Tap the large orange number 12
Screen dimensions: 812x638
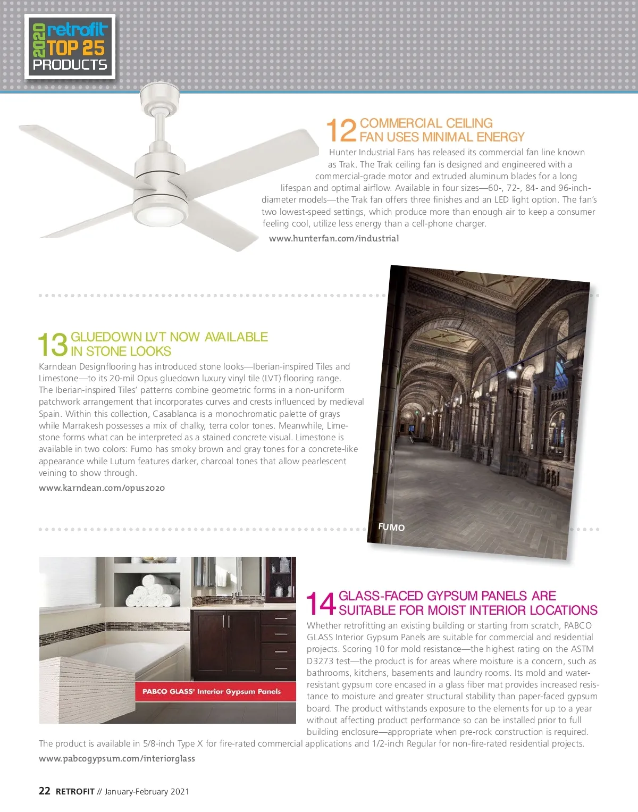[x=341, y=130]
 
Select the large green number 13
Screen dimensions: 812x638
[x=53, y=345]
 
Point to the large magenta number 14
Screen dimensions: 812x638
[x=321, y=604]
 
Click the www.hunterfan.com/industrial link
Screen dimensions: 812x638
[x=334, y=238]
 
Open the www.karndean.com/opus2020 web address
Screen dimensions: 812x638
[x=102, y=488]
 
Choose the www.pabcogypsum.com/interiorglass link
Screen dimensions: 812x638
[x=117, y=758]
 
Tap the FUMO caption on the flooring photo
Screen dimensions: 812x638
[x=391, y=527]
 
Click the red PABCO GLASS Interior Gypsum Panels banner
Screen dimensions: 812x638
[x=212, y=691]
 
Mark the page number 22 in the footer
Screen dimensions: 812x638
[x=45, y=791]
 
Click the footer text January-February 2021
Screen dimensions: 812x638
[x=147, y=791]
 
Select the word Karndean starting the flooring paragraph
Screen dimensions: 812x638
[x=57, y=366]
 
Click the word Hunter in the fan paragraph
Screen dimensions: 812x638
[x=342, y=152]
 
